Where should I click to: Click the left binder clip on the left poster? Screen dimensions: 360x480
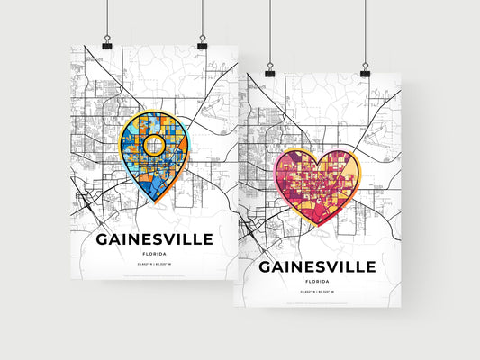pos(106,44)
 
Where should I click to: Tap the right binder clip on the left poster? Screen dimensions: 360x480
pos(202,44)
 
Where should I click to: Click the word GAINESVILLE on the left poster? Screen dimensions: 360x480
pos(155,239)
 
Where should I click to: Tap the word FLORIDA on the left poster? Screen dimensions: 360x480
pos(155,254)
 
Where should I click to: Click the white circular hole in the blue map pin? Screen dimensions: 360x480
pos(155,143)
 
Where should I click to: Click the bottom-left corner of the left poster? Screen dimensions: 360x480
pos(84,279)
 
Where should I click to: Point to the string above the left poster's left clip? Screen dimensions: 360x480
pos(106,18)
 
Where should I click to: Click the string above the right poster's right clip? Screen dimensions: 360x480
pos(366,31)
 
